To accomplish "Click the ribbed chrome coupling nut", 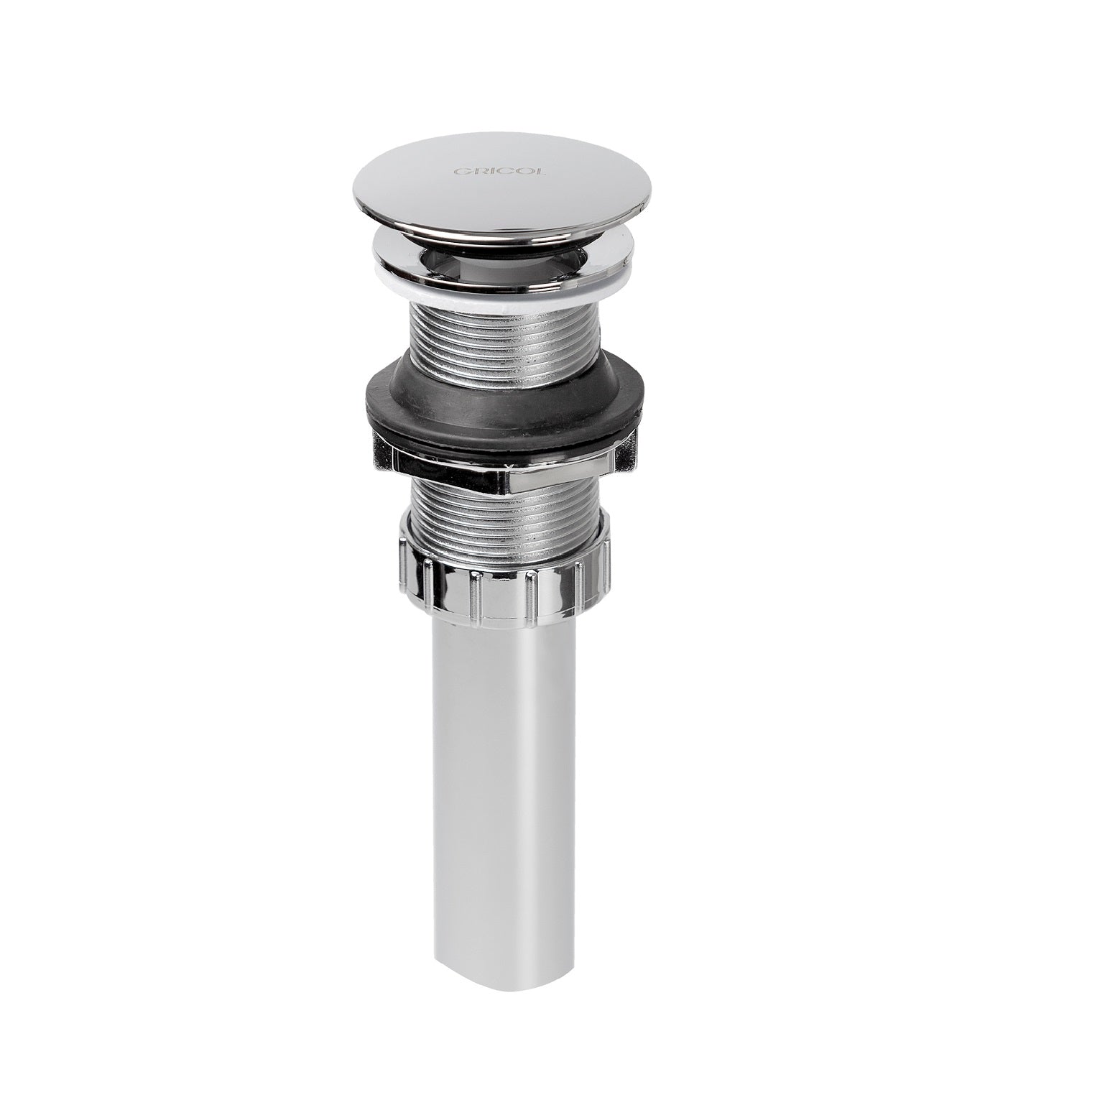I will (503, 582).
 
